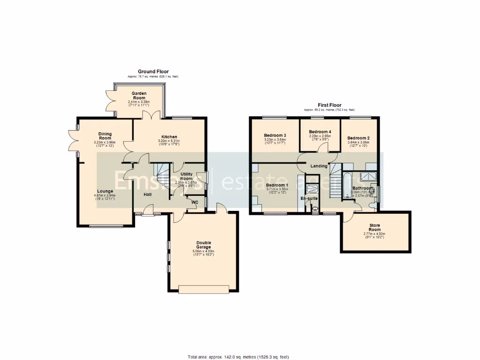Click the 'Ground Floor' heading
(153, 72)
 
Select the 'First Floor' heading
(329, 105)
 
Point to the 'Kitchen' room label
(170, 137)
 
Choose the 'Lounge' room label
(105, 191)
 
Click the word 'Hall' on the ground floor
(147, 194)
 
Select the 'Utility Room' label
(187, 176)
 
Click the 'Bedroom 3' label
(276, 135)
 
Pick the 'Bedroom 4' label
(320, 132)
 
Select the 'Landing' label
(319, 165)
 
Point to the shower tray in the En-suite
(311, 188)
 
